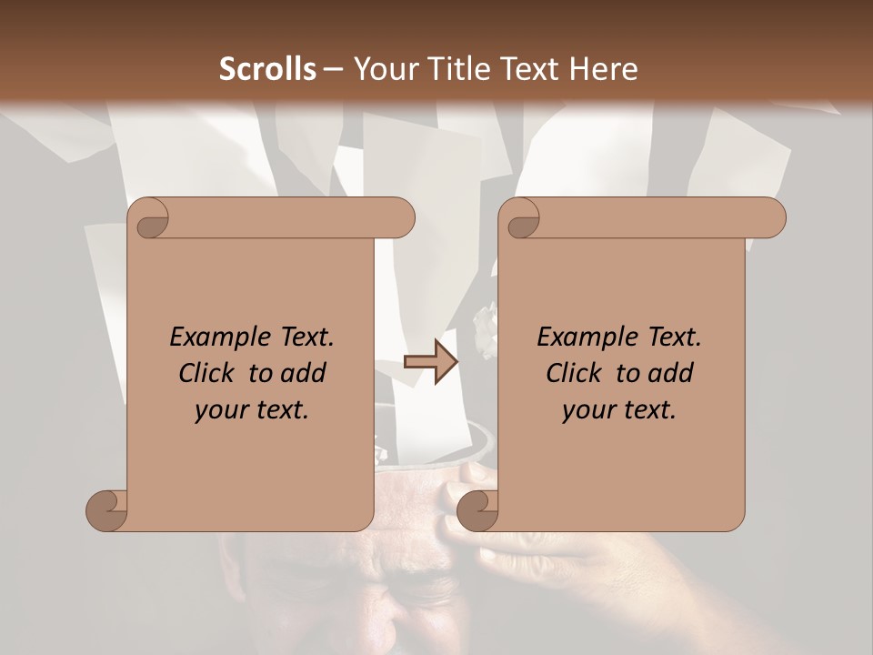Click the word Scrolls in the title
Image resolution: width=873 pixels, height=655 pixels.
[268, 69]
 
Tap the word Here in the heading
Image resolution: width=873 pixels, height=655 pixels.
[604, 69]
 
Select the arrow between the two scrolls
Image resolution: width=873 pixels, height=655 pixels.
[431, 361]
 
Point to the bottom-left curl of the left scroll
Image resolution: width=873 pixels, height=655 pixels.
[106, 510]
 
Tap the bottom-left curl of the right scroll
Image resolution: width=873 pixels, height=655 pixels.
[477, 510]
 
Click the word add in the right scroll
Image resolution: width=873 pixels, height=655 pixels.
[673, 373]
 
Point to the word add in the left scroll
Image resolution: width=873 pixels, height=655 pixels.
[306, 373]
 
